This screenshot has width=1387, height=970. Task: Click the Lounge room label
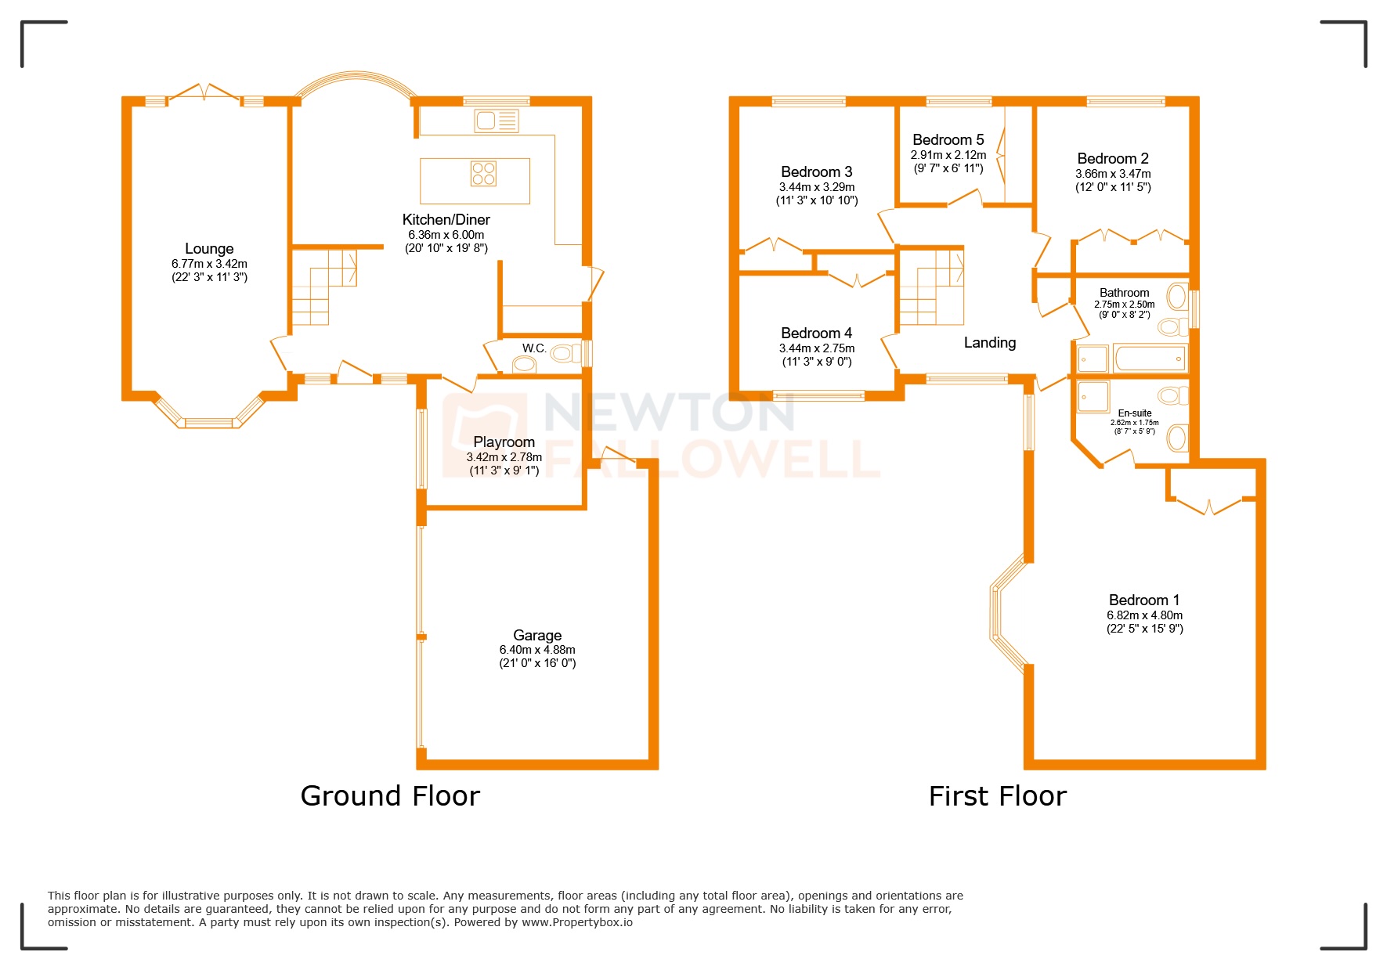coord(209,249)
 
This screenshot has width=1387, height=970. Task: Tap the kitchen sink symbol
coord(497,121)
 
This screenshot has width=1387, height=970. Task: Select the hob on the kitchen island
coord(483,173)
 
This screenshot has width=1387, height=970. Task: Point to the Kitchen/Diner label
coord(446,220)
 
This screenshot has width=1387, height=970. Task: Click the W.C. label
coord(534,348)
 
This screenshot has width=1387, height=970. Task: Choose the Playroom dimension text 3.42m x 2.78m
coord(504,457)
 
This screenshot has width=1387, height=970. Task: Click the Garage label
coord(537,636)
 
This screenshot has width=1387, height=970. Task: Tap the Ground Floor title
coord(390,796)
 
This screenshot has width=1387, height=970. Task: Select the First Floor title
coord(997,796)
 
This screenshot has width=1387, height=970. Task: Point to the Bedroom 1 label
coord(1144,600)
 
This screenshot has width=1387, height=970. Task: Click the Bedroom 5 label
coord(948,140)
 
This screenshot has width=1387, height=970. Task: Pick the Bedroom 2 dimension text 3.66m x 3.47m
coord(1113,174)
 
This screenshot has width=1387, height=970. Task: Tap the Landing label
coord(990,343)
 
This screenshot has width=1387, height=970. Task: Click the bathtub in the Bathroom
coord(1149,359)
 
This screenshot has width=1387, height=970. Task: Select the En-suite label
coord(1135,413)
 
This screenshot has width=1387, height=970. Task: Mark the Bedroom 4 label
coord(816,334)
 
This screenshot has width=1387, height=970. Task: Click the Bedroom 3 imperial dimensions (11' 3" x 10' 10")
coord(817,200)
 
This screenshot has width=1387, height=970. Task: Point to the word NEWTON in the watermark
coord(670,412)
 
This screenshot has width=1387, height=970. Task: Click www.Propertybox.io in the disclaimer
coord(577,922)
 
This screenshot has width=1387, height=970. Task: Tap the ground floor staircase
coord(321,286)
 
